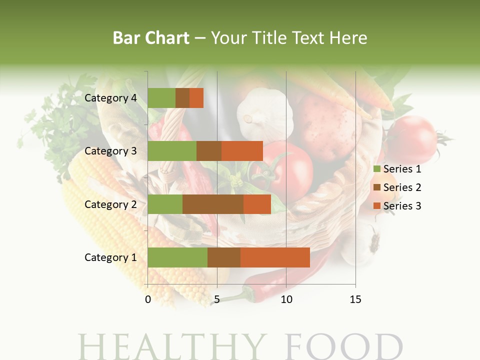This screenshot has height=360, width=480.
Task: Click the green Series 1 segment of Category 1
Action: (x=177, y=257)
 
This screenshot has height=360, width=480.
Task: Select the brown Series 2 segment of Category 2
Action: (x=213, y=204)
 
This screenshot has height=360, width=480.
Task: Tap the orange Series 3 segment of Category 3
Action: (x=242, y=151)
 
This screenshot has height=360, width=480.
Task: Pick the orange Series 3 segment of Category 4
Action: (x=196, y=98)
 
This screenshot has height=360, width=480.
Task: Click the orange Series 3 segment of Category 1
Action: (x=275, y=257)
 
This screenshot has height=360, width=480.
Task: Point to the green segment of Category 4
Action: (x=161, y=98)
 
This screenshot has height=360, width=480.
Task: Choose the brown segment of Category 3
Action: (x=209, y=151)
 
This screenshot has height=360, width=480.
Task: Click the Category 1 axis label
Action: (x=110, y=257)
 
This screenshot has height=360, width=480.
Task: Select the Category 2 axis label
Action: (x=110, y=204)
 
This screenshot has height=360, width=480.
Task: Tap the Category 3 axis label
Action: (x=110, y=151)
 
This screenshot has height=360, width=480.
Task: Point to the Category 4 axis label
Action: (x=110, y=98)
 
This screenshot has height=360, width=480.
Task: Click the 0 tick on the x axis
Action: (x=148, y=299)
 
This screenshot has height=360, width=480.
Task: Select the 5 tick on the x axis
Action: (x=217, y=299)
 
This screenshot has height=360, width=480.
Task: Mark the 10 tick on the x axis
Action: (x=286, y=299)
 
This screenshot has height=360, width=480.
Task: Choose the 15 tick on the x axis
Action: (x=355, y=299)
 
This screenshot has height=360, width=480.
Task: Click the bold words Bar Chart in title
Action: (x=151, y=38)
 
